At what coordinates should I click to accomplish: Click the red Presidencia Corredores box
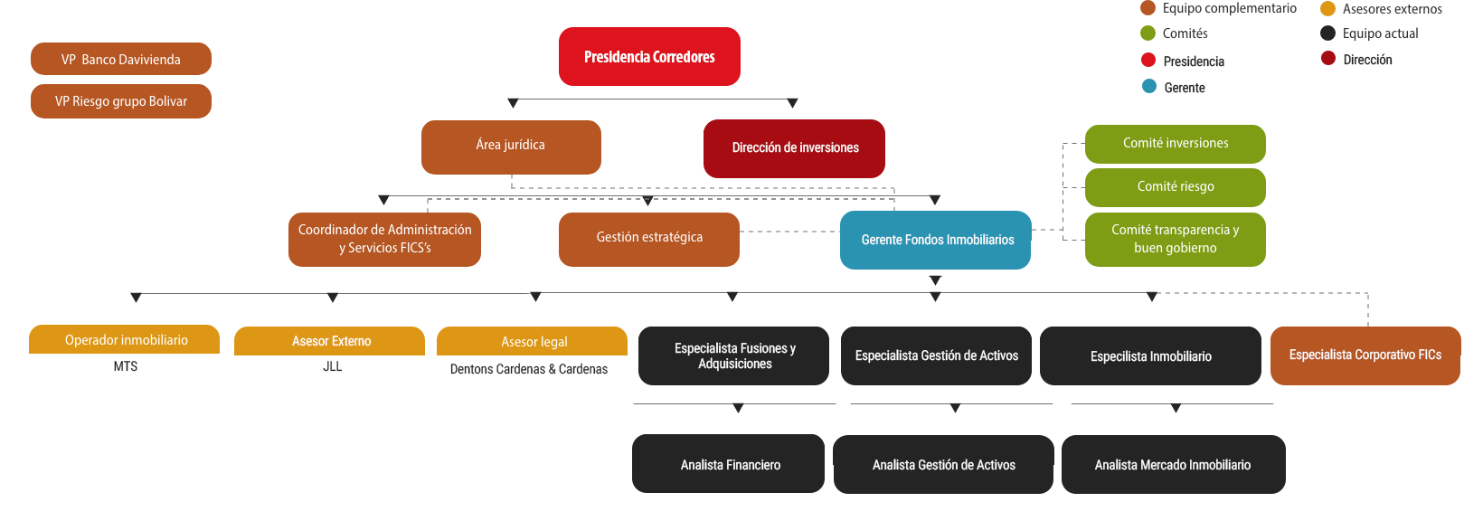[x=649, y=57]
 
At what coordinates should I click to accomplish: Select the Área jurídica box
[x=511, y=146]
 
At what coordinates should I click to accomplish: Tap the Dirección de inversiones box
[x=794, y=147]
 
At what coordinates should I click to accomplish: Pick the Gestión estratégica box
[x=648, y=238]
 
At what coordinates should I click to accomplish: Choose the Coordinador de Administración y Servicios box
[x=384, y=239]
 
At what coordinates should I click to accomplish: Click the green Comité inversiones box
[x=1175, y=143]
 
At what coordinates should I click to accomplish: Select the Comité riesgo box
[x=1175, y=186]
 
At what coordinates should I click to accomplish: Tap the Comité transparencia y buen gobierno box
[x=1175, y=239]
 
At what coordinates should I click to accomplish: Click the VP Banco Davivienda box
[x=121, y=59]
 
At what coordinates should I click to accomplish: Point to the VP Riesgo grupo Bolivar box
[x=121, y=101]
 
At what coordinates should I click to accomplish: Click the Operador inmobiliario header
[x=125, y=340]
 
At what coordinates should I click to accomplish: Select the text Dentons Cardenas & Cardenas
[x=529, y=369]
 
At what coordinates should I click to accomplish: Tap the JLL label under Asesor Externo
[x=332, y=366]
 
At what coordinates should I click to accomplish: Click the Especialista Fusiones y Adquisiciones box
[x=733, y=355]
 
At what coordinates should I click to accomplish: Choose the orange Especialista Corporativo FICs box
[x=1364, y=355]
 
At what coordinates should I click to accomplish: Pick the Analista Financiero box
[x=729, y=464]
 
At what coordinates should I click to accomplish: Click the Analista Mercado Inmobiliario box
[x=1172, y=464]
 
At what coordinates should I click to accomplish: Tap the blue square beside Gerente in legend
[x=1148, y=87]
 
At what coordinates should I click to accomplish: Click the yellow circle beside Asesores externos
[x=1327, y=9]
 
